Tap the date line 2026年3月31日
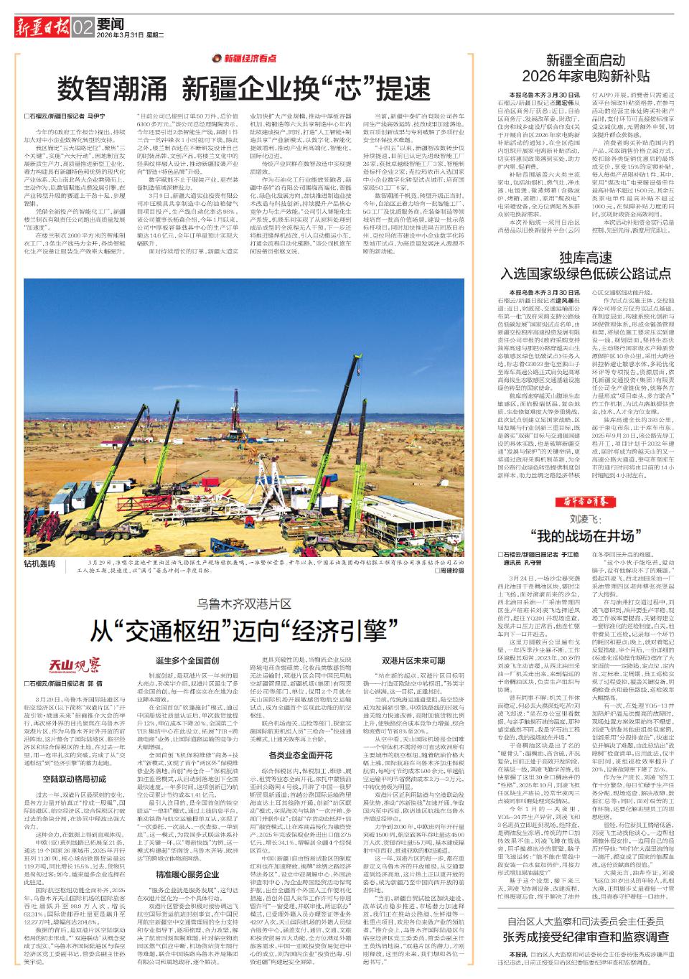(121, 34)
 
